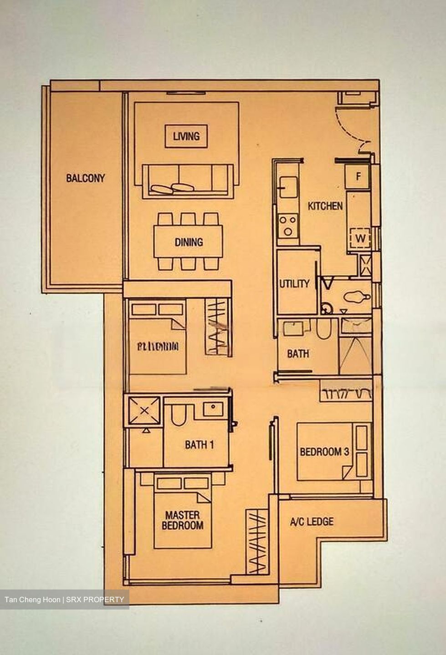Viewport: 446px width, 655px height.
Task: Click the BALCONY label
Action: coord(85,178)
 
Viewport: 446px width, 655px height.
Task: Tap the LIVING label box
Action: coord(186,136)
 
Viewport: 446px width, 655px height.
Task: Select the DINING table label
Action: coord(189,242)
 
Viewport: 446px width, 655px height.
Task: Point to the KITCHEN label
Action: coord(325,206)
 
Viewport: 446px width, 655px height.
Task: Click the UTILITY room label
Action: coord(294,284)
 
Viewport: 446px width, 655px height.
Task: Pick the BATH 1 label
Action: coord(199,445)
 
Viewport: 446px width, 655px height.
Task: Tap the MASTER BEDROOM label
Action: coord(182,520)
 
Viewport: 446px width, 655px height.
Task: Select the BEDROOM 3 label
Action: coord(324,452)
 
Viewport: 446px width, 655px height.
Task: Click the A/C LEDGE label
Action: coord(312,522)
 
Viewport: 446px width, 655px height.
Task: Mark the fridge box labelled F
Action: coord(358,176)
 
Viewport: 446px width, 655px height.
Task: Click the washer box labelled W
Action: coord(360,238)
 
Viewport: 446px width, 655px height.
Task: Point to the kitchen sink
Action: coord(287,187)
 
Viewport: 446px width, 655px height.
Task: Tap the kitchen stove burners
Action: coord(288,225)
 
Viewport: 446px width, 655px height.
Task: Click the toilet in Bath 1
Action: coord(178,414)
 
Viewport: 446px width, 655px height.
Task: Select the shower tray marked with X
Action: coord(144,411)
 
